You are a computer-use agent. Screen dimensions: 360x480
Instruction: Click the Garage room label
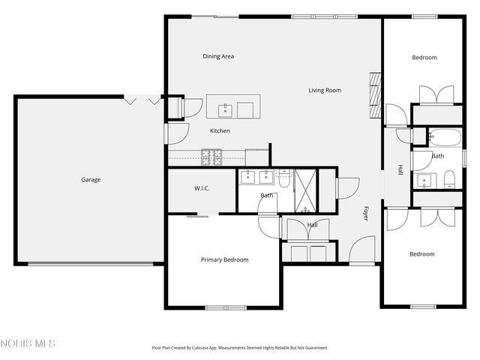(x=91, y=179)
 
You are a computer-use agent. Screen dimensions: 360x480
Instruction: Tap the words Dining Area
(x=218, y=56)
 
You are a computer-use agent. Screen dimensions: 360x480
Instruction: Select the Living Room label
(x=325, y=91)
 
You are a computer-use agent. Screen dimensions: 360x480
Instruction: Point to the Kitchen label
(x=220, y=131)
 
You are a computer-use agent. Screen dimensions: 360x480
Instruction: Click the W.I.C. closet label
(x=202, y=188)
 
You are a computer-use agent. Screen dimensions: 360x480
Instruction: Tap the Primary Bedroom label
(x=224, y=260)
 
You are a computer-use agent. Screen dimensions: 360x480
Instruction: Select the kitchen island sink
(x=226, y=110)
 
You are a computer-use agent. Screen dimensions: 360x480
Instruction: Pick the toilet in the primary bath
(x=284, y=179)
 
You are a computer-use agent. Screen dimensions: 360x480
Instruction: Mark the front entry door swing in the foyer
(x=361, y=250)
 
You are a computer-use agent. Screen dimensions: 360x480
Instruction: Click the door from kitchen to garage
(x=173, y=133)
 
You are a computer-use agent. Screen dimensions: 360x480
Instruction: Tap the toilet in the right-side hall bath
(x=449, y=178)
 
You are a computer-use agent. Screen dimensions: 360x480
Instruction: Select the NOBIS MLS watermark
(x=28, y=343)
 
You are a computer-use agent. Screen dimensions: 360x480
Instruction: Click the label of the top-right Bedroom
(x=424, y=58)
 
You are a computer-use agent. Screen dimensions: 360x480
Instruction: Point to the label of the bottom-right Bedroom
(x=421, y=254)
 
